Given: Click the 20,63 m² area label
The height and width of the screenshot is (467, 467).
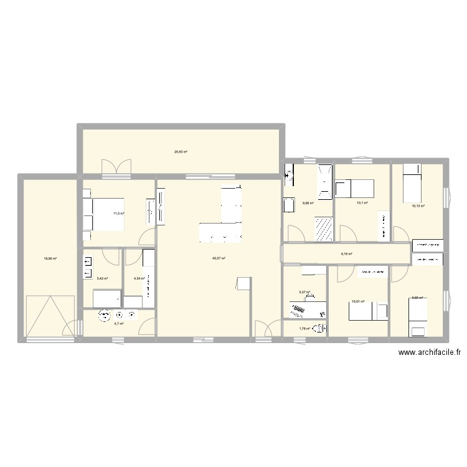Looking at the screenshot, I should point(181,152).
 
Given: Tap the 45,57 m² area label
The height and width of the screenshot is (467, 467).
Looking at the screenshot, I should point(219,259).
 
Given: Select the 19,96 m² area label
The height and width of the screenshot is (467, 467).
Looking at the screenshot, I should point(49,258).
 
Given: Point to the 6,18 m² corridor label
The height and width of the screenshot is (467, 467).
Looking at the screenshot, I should point(347,254).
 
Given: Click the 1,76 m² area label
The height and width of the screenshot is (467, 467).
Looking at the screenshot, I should point(304,329).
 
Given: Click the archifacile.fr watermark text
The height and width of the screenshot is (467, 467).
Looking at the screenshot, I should point(430,353).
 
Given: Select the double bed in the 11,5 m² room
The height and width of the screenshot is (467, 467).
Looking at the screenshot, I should point(103,214).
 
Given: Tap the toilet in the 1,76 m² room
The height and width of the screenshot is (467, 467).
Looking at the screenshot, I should point(319,329).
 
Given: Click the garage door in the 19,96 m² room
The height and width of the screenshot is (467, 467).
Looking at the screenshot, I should point(45,317).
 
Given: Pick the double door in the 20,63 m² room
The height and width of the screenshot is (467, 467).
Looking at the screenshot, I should point(116,166).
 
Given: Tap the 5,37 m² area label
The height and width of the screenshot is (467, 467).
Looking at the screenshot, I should point(304,292).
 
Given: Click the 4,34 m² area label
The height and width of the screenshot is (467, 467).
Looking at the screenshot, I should point(139,278).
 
